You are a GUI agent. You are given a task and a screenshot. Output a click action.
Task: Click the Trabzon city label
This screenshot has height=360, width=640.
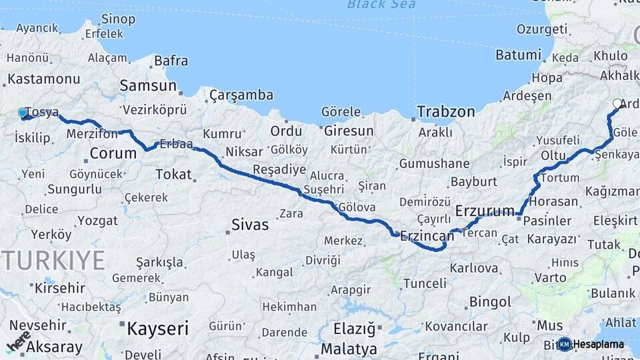tap(446, 111)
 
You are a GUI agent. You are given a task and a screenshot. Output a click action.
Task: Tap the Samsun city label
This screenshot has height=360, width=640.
tap(148, 86)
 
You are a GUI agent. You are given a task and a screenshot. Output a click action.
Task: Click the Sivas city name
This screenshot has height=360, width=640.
tap(250, 225)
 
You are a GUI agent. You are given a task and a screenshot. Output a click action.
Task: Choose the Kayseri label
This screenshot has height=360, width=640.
tap(157, 328)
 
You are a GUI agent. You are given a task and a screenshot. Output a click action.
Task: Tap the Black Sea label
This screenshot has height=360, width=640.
tap(381, 5)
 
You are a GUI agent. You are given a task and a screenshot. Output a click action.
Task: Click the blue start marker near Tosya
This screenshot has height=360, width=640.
tap(23, 113)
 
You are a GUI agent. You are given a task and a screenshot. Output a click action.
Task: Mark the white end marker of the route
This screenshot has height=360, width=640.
tap(617, 103)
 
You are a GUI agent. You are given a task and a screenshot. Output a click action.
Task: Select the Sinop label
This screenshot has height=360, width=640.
tap(118, 19)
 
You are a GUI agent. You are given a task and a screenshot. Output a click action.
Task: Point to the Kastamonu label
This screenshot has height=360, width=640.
tap(44, 79)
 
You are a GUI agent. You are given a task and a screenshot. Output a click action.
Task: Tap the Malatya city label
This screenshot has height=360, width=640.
tap(349, 349)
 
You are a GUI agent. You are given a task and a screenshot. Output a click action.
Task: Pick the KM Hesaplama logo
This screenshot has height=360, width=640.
tap(591, 344)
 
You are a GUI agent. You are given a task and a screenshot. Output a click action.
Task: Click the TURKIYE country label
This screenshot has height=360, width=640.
tap(53, 260)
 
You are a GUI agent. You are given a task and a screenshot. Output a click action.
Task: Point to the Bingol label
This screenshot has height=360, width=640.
tap(490, 302)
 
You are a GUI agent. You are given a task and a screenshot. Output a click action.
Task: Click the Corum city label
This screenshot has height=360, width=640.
tap(113, 154)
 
